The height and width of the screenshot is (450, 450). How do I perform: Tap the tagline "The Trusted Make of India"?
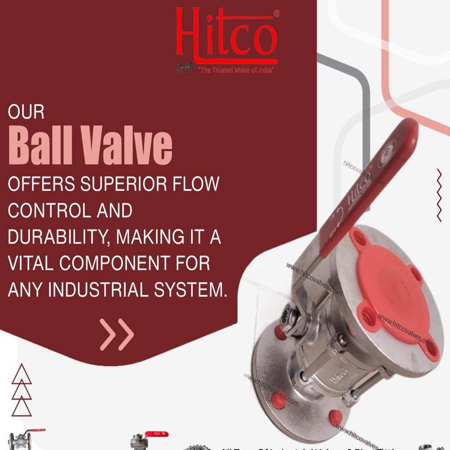pyautogui.click(x=236, y=70)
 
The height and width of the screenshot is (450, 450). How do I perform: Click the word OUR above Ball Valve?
pyautogui.click(x=26, y=112)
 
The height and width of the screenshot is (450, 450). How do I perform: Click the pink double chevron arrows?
pyautogui.click(x=117, y=334)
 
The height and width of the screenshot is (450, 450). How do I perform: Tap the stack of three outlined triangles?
pyautogui.click(x=22, y=390)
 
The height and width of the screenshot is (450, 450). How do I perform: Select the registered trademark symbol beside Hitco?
pyautogui.click(x=276, y=14)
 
